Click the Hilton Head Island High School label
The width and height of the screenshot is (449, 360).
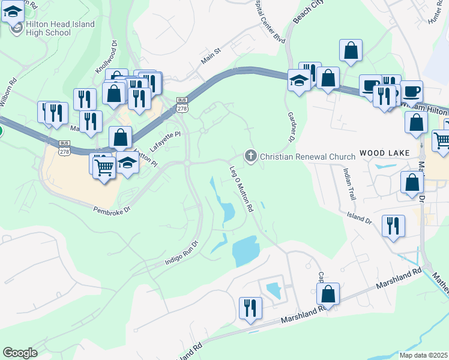(x=60, y=28)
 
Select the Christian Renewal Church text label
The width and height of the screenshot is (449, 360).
(x=308, y=157)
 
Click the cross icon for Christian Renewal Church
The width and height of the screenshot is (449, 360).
(x=251, y=157)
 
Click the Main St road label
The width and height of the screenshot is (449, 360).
(x=211, y=57)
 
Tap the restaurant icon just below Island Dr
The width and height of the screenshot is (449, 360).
(x=393, y=226)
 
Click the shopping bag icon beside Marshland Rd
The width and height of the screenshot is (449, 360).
(x=328, y=293)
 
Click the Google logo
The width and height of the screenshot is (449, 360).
(x=20, y=353)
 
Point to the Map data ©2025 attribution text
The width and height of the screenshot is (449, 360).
(x=423, y=355)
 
